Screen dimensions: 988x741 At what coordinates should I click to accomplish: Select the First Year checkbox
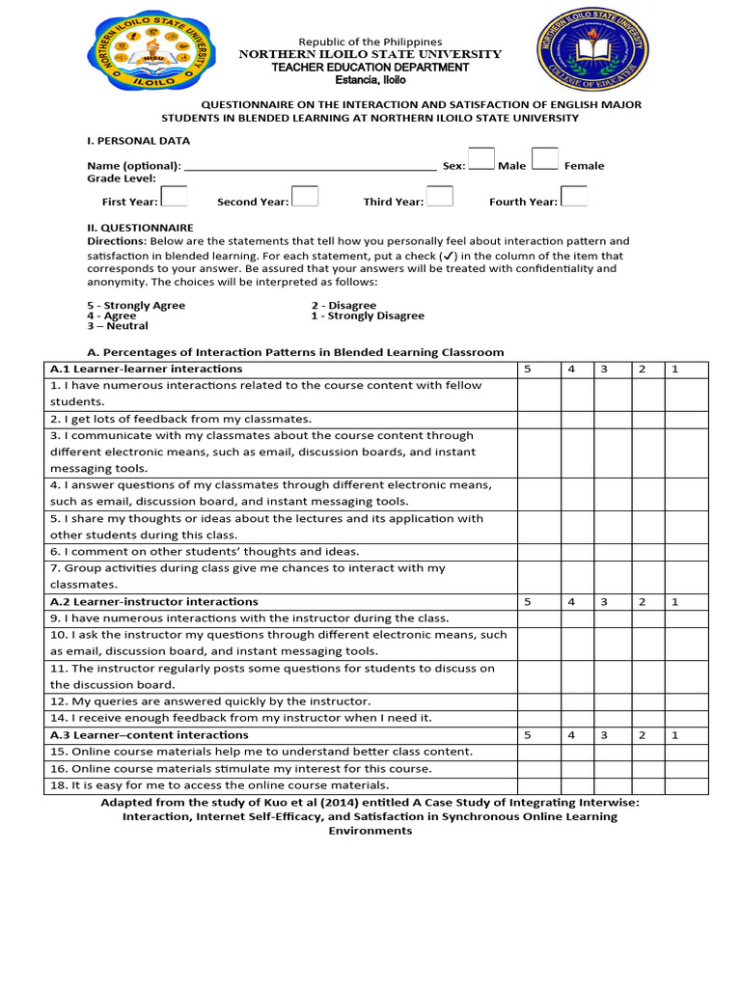coord(174,196)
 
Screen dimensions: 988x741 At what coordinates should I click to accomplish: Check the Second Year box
coord(305,196)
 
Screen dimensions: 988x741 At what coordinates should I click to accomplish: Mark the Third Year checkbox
coord(440,196)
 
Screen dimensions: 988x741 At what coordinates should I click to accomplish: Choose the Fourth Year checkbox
coord(574,196)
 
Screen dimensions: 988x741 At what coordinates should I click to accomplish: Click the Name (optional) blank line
coord(309,165)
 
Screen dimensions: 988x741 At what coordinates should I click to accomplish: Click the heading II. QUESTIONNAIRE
coord(140,228)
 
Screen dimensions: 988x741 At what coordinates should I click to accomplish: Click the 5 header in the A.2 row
coord(527,602)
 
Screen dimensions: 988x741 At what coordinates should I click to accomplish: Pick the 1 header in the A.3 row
coord(675,735)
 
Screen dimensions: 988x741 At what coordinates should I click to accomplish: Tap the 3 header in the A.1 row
coord(603,370)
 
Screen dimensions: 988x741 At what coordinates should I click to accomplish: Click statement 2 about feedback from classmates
coord(180,419)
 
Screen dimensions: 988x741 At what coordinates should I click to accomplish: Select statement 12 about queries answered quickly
coord(209,701)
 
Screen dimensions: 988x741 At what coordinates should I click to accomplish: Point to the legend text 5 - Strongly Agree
coord(136,305)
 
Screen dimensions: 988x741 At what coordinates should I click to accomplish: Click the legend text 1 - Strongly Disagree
coord(367,316)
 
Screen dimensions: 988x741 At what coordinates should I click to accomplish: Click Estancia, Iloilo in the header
coord(370,80)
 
